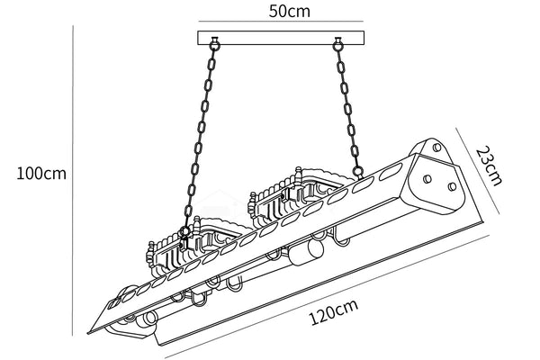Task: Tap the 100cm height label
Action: (41, 173)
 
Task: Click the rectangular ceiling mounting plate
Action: (280, 38)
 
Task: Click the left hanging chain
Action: (202, 135)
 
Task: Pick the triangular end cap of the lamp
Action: (440, 180)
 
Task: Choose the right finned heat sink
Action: (292, 193)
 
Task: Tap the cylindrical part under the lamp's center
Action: (310, 249)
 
